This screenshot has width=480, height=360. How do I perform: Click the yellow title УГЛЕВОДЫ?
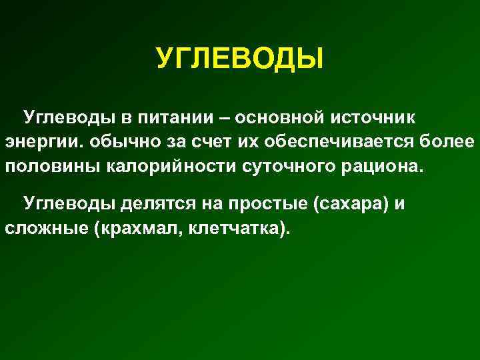pyautogui.click(x=239, y=58)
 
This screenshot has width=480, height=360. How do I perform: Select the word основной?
pyautogui.click(x=282, y=117)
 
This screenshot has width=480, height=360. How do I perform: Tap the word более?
pyautogui.click(x=449, y=141)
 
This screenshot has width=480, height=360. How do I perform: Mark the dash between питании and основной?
pyautogui.click(x=224, y=117)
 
